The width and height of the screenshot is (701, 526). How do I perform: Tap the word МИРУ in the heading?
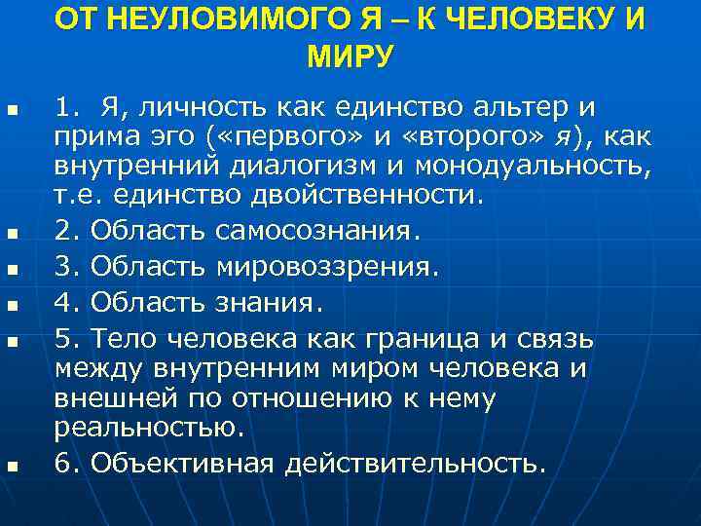350,56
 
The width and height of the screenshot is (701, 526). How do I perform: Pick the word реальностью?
146,428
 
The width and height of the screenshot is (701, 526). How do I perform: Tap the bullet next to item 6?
12,466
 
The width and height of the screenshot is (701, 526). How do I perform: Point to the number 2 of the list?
64,232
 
